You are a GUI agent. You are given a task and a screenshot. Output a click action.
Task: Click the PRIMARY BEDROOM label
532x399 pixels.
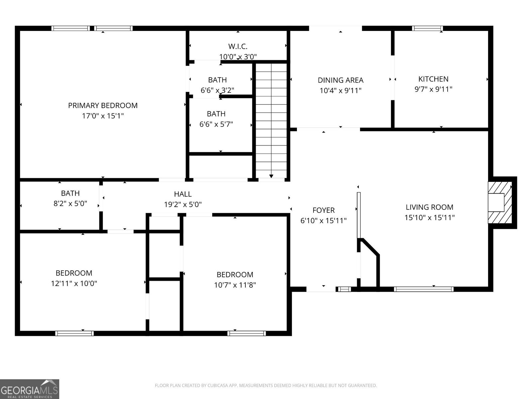(x=103, y=105)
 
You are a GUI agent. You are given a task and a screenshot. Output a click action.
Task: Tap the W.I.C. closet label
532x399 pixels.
(x=238, y=46)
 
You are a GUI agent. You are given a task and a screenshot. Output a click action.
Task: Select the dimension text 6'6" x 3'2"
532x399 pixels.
(x=217, y=90)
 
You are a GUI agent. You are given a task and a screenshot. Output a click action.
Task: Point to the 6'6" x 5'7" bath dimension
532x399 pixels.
(x=216, y=124)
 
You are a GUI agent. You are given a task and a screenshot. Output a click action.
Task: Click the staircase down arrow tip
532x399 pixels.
(x=271, y=177)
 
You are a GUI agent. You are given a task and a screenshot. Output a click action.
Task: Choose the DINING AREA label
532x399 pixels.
(x=340, y=80)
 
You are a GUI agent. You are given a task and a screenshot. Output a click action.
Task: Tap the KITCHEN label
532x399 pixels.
(x=433, y=79)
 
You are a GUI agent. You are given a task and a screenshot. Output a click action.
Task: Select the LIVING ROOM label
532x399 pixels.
(x=429, y=207)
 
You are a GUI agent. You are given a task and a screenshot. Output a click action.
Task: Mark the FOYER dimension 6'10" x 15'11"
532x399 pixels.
(x=324, y=220)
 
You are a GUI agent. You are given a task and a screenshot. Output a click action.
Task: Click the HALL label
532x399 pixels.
(x=183, y=194)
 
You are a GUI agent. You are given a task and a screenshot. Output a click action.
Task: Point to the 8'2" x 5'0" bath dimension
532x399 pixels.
(x=70, y=203)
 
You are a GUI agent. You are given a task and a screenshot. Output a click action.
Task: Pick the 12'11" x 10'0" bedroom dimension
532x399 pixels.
(x=74, y=283)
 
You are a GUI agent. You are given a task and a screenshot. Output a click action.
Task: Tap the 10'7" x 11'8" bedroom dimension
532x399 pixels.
(x=235, y=285)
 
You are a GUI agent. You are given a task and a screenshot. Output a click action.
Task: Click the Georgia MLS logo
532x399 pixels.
(x=30, y=389)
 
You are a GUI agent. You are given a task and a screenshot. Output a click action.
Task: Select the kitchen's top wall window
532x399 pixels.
(x=427, y=28)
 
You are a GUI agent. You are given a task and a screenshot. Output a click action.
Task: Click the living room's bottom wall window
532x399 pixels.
(x=424, y=289)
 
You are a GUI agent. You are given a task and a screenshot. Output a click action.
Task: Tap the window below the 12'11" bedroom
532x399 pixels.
(x=74, y=333)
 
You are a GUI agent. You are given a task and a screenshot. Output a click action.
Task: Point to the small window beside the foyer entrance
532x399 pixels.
(x=344, y=289)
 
